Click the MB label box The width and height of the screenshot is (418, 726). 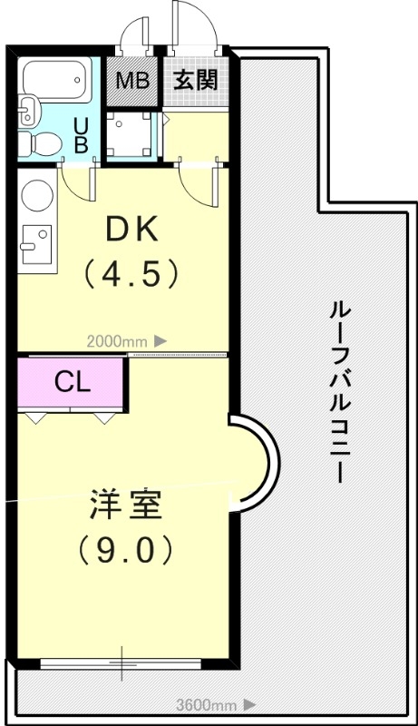click(x=132, y=81)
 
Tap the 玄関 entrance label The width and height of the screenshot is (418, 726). click(x=195, y=80)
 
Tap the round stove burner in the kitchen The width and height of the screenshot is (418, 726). click(x=38, y=195)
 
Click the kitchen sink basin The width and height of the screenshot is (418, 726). click(x=37, y=242)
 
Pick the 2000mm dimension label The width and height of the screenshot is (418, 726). click(x=116, y=341)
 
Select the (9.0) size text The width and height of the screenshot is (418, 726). click(x=125, y=548)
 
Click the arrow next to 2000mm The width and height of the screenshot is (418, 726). click(x=160, y=341)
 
